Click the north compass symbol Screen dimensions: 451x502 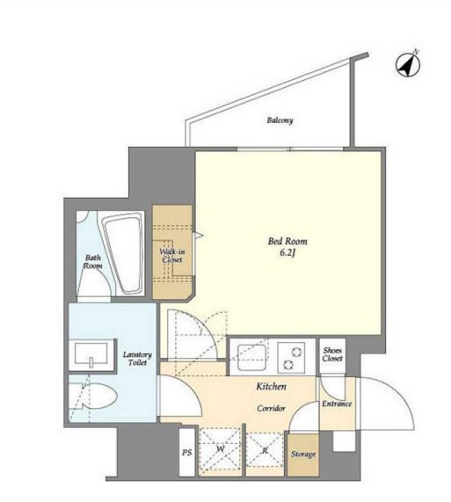[408, 65]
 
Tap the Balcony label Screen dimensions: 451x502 [280, 120]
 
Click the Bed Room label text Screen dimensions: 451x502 [287, 241]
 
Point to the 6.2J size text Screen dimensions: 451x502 [287, 253]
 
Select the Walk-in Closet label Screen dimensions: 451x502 [172, 256]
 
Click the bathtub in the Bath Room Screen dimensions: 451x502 [123, 253]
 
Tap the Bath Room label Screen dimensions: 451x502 [93, 262]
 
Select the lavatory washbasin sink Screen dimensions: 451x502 [91, 355]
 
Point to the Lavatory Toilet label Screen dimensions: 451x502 [137, 359]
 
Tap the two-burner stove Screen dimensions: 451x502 [291, 358]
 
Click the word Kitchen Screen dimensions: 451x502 [271, 387]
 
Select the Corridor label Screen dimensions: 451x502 [271, 408]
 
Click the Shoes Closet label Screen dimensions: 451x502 [332, 354]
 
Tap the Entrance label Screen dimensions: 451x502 [337, 404]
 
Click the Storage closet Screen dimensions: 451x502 [303, 455]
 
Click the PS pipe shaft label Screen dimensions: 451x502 [187, 453]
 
